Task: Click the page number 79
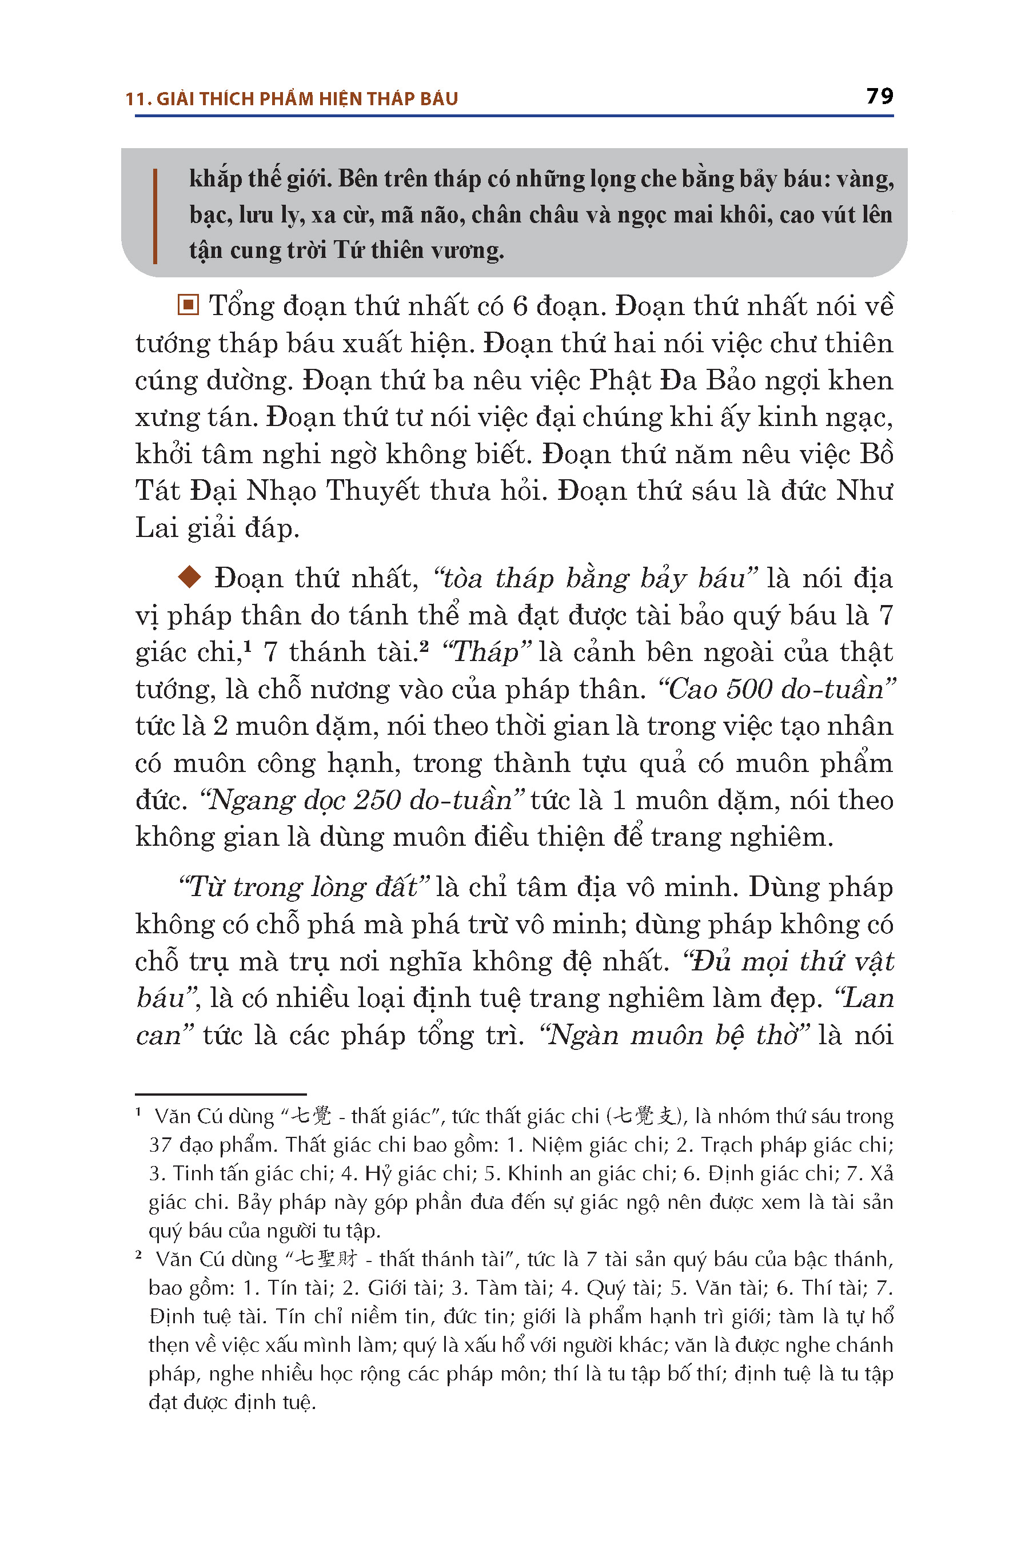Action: point(879,97)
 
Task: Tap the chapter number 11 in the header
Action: point(134,99)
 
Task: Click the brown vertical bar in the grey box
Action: point(155,216)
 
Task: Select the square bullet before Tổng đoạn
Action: point(188,305)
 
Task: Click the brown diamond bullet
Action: point(190,578)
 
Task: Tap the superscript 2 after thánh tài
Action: point(424,646)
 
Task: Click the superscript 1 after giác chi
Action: point(249,646)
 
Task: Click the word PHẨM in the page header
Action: point(286,99)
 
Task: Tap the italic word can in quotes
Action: point(158,1034)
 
